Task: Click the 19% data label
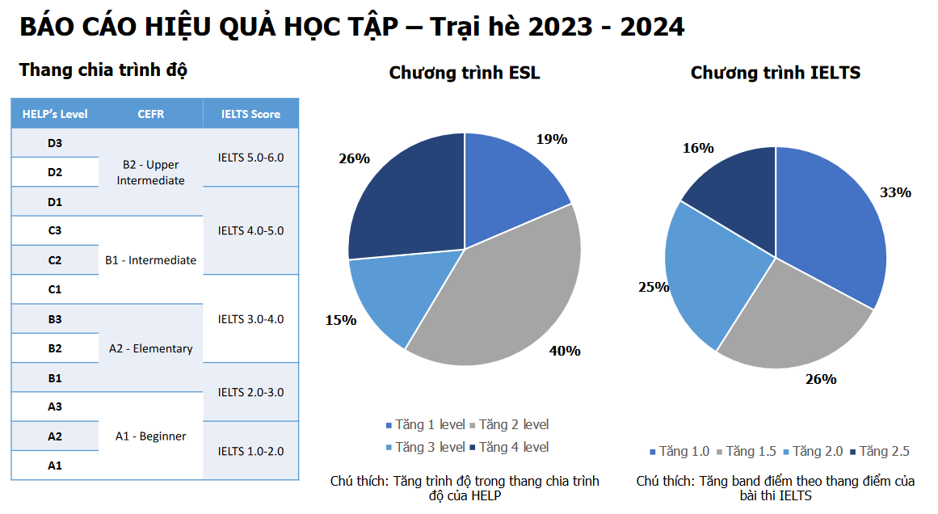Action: tap(552, 139)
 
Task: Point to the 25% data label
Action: tap(654, 287)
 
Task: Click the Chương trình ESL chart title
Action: tap(465, 73)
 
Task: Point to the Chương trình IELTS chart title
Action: tap(776, 73)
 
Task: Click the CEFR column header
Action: tap(150, 114)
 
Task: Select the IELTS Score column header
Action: tap(250, 114)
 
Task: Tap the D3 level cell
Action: tap(55, 143)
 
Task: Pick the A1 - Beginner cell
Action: tap(150, 436)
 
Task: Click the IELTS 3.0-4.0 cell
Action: tap(250, 318)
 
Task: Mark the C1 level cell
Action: tap(55, 289)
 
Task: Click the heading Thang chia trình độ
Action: tap(103, 70)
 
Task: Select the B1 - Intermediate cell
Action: tap(150, 260)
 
